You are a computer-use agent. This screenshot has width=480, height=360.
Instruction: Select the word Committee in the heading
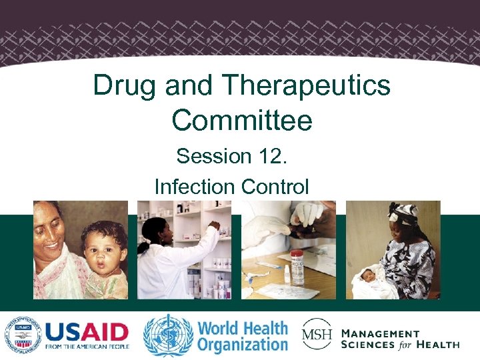[241, 121]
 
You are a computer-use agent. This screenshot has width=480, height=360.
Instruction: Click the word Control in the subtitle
[275, 186]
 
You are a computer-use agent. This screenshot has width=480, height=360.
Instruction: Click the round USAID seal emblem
[22, 334]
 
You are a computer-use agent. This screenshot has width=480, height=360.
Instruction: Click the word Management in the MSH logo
[381, 333]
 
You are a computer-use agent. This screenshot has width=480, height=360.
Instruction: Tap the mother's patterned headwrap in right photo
[405, 212]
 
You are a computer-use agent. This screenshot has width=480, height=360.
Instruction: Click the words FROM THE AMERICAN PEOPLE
[87, 347]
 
